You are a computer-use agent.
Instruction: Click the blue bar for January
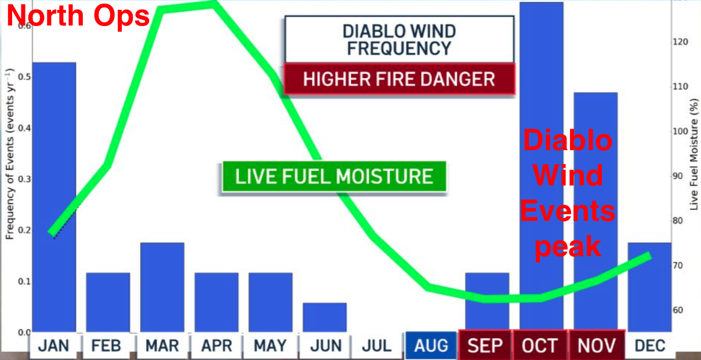(54, 197)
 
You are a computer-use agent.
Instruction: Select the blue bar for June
(325, 318)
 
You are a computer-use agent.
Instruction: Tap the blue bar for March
(162, 287)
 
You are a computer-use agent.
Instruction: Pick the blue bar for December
(649, 287)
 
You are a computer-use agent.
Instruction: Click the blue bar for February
(108, 303)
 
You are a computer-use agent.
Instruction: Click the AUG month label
(431, 346)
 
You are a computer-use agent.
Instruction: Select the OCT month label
(539, 346)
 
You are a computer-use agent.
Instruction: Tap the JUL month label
(377, 346)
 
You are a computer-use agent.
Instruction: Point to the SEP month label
(485, 346)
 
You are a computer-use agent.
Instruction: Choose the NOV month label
(597, 346)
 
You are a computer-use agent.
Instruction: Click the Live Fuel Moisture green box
(334, 176)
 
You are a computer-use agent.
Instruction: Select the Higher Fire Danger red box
(399, 79)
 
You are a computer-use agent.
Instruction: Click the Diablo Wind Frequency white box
(399, 39)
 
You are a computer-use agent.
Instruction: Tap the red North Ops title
(78, 16)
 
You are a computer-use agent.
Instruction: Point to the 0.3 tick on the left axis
(24, 179)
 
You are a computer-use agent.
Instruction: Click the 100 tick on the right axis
(680, 131)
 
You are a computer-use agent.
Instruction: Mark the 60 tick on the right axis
(678, 310)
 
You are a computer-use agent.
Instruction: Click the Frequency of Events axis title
(10, 154)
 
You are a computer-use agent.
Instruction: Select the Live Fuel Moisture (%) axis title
(694, 155)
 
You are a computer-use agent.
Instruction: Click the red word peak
(568, 247)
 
